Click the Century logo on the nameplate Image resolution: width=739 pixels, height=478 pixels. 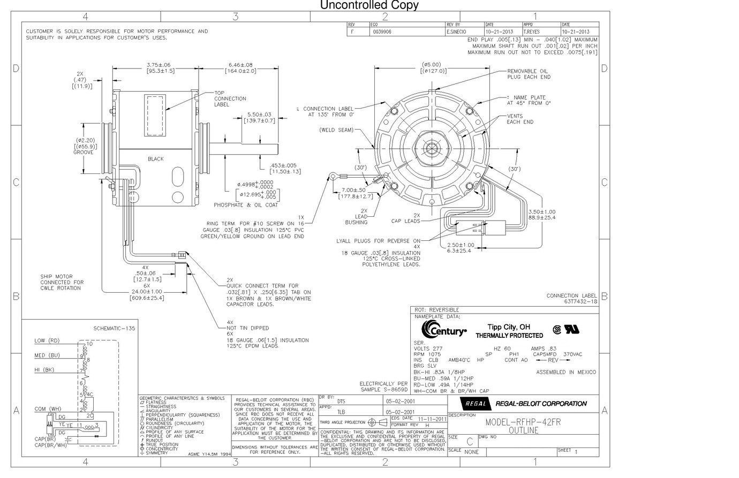click(x=444, y=329)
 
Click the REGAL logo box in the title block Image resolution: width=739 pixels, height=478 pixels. click(x=475, y=404)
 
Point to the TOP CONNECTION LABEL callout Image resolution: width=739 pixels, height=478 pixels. click(x=230, y=98)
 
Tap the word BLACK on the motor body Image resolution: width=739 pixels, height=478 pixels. click(x=156, y=159)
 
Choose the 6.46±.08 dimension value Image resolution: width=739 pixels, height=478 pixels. click(x=240, y=65)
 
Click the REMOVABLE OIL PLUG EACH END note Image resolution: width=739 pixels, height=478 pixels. click(x=529, y=74)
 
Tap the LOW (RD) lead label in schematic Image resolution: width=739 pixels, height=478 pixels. click(x=47, y=341)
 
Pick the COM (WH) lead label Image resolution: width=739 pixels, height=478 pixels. click(x=48, y=409)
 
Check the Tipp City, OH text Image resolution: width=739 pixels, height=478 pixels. click(x=509, y=327)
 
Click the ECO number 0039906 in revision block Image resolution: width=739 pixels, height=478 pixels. click(x=382, y=32)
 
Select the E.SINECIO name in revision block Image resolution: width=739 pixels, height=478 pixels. click(x=457, y=32)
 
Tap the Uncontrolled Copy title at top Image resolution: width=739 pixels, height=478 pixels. click(x=369, y=5)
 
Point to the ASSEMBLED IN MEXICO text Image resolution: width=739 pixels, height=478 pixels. click(x=565, y=372)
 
